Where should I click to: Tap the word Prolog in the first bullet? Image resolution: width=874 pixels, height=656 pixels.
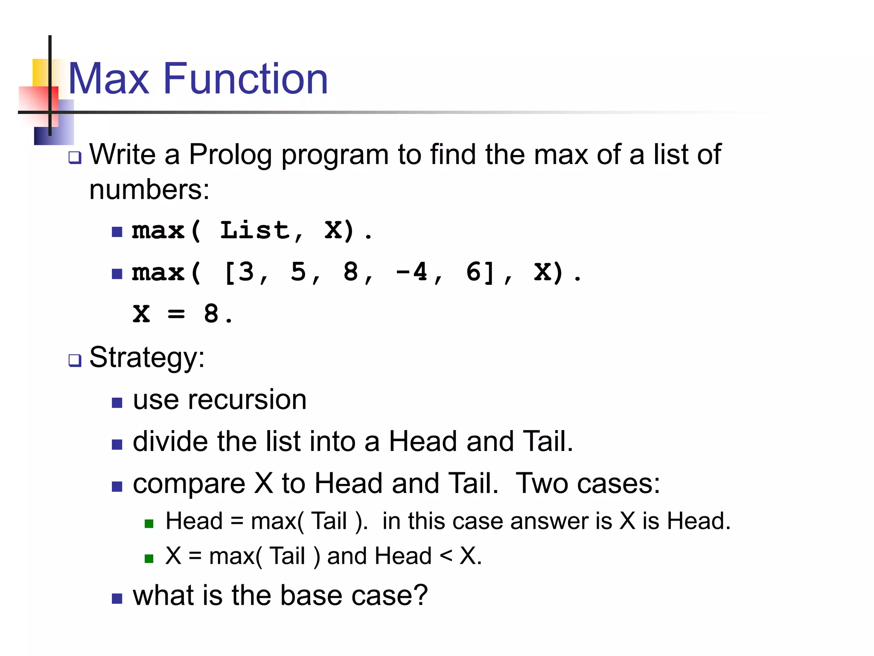230,154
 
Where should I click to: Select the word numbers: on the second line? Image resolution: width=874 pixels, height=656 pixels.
149,190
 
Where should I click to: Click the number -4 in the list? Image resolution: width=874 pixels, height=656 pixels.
411,272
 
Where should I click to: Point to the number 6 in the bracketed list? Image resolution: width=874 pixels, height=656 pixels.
474,272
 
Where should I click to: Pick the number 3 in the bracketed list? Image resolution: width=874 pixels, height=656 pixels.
246,272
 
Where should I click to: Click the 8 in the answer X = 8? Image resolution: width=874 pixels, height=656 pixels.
211,313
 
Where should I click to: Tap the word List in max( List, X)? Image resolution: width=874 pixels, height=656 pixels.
254,231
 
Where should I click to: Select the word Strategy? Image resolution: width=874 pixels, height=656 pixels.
147,357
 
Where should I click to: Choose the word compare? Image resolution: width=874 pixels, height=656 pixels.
189,484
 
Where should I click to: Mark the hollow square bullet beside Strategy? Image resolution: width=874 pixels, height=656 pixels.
75,360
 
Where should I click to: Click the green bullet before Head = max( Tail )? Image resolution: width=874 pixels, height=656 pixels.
149,524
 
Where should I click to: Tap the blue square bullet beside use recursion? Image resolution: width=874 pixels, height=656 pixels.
117,402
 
